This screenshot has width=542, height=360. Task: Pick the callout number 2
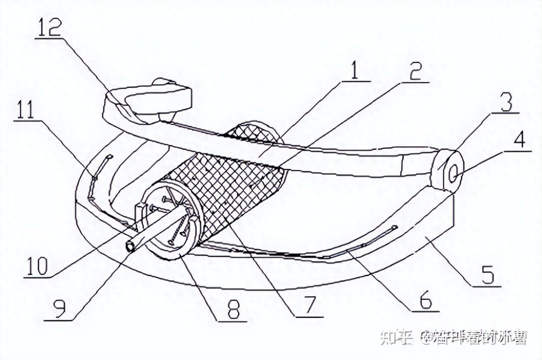point(414,73)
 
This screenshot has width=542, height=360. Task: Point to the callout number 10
point(38,266)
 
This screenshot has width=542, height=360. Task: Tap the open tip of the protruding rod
point(130,246)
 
